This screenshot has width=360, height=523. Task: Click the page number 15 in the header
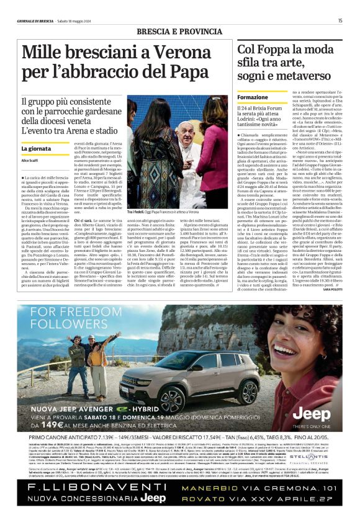(x=340, y=20)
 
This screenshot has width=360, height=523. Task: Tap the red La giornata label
(x=35, y=149)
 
